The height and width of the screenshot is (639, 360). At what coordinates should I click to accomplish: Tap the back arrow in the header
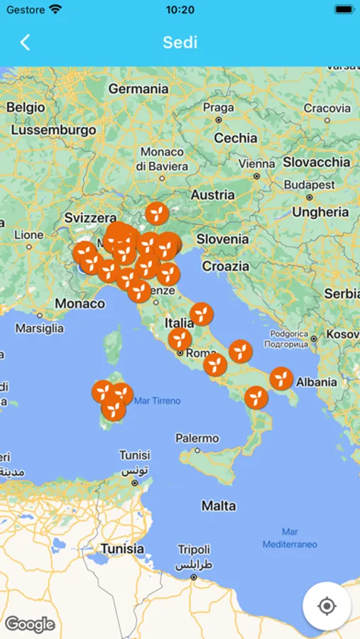pos(25,43)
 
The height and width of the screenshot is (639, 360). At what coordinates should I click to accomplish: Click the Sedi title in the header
pos(180,42)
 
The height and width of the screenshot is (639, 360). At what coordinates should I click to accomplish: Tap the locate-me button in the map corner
pos(327,606)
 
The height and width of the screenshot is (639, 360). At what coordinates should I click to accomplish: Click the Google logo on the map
pos(30,624)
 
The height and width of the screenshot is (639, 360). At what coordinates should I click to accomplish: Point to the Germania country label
pos(138,89)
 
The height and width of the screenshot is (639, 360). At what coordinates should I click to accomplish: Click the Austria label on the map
pos(212,195)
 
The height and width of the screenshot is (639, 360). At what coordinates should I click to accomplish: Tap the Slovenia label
pos(222,239)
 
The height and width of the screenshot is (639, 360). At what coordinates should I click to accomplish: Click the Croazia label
pos(226,266)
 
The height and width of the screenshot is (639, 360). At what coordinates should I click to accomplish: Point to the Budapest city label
pos(310,185)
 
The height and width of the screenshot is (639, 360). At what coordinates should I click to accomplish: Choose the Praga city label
pos(218,108)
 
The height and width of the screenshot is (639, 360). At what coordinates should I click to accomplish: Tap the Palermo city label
pos(197,438)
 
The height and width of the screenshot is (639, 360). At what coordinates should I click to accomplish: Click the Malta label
pos(218,506)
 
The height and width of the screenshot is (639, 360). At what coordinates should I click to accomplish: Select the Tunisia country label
pos(122,548)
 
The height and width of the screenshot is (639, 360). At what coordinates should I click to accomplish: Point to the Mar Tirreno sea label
pos(158,400)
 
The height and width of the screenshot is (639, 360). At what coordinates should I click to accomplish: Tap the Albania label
pos(317,382)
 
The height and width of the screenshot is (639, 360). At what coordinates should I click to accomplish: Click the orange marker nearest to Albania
pos(282,378)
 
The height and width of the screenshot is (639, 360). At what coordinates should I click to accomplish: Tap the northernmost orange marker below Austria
pos(157,212)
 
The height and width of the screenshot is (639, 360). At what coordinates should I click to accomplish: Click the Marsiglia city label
pos(40,328)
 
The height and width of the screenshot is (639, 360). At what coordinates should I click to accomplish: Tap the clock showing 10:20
pos(180,10)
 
